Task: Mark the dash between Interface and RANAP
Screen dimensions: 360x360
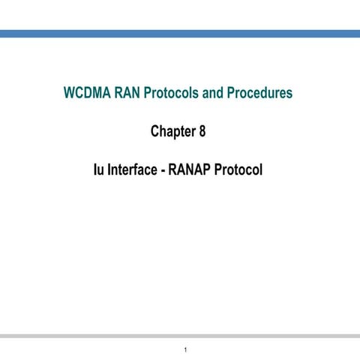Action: click(x=162, y=171)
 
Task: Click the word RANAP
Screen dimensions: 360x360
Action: click(x=189, y=170)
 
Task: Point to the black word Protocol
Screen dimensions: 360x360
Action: click(x=238, y=170)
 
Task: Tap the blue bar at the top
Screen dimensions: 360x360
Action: click(x=180, y=34)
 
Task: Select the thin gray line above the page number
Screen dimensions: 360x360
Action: click(x=180, y=335)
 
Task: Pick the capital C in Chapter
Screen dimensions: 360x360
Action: click(x=155, y=133)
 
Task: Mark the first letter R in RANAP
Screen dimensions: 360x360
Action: click(x=172, y=170)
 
